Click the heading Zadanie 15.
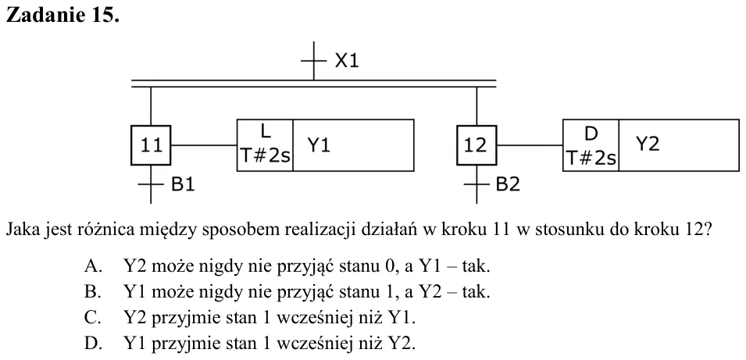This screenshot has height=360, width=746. point(62,15)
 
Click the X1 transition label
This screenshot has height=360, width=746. point(346,61)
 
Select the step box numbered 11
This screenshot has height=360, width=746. point(151,145)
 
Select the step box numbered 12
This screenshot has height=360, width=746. point(477,145)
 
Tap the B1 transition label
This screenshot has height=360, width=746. point(183,184)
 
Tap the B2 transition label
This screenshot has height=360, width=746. point(508,184)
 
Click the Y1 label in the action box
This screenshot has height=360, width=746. point(318,145)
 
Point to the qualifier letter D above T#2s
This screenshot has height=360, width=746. point(591,134)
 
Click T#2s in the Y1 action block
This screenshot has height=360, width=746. point(265,155)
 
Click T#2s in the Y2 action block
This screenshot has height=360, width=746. point(591,158)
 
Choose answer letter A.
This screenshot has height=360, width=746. point(94,266)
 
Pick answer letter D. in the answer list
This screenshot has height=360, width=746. point(94,343)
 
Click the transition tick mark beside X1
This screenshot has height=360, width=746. point(313,61)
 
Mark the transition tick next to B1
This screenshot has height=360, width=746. point(151,184)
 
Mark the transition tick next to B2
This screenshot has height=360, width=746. point(477,184)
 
